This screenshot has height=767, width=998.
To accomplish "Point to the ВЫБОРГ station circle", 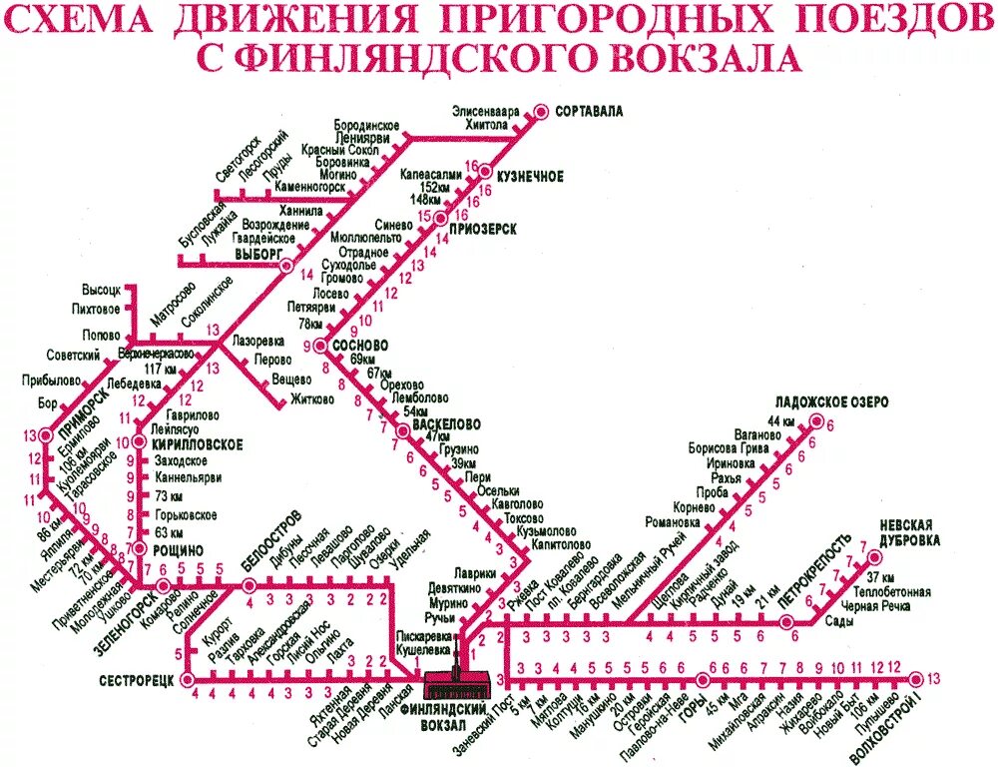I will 286,266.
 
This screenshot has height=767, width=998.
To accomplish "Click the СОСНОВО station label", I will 359,345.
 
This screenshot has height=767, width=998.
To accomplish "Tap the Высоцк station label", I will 101,291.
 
